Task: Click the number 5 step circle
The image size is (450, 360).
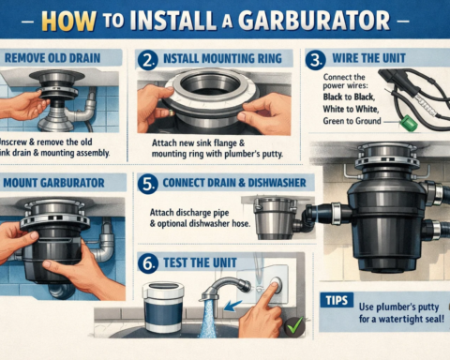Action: point(147,184)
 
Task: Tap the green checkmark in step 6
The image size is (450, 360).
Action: point(293,325)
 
